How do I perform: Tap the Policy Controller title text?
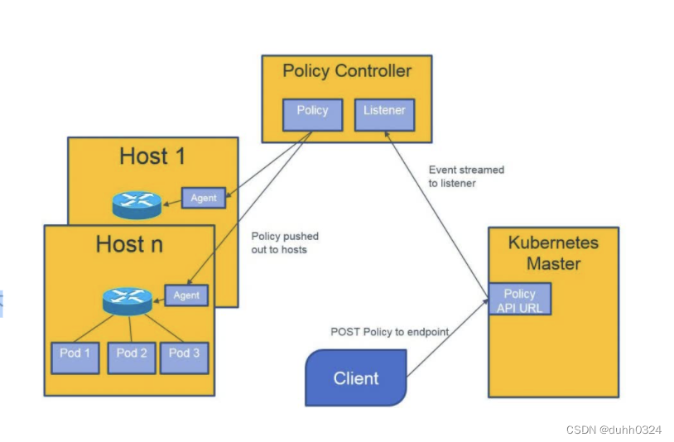(347, 71)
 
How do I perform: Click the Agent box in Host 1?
(204, 198)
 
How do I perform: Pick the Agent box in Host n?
(186, 295)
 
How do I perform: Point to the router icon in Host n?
(128, 300)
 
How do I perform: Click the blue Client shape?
(356, 378)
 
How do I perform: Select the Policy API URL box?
(519, 300)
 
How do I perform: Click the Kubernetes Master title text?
(553, 253)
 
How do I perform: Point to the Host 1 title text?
(152, 156)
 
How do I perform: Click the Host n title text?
(129, 244)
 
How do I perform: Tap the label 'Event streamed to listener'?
(465, 176)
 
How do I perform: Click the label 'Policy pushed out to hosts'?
(285, 243)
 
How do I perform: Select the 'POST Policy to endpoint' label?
(389, 332)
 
